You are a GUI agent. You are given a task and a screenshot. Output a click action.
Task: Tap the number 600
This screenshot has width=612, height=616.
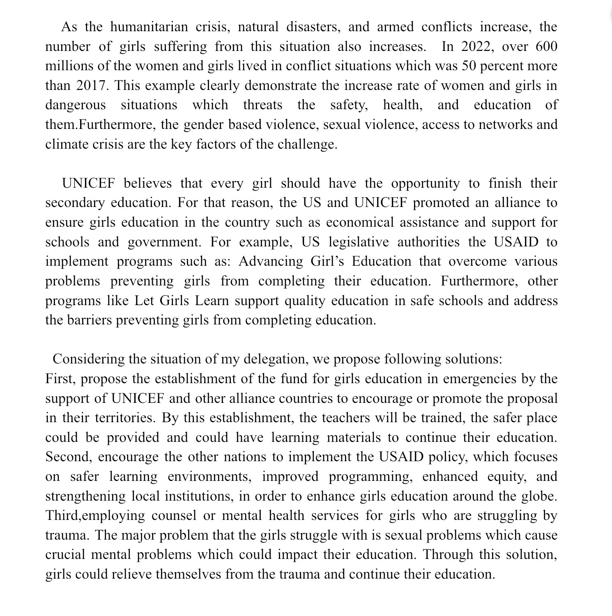click(x=546, y=46)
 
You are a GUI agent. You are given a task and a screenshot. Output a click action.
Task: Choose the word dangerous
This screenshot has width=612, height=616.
click(x=75, y=105)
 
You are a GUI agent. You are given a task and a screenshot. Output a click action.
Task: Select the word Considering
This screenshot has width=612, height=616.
click(x=89, y=359)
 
